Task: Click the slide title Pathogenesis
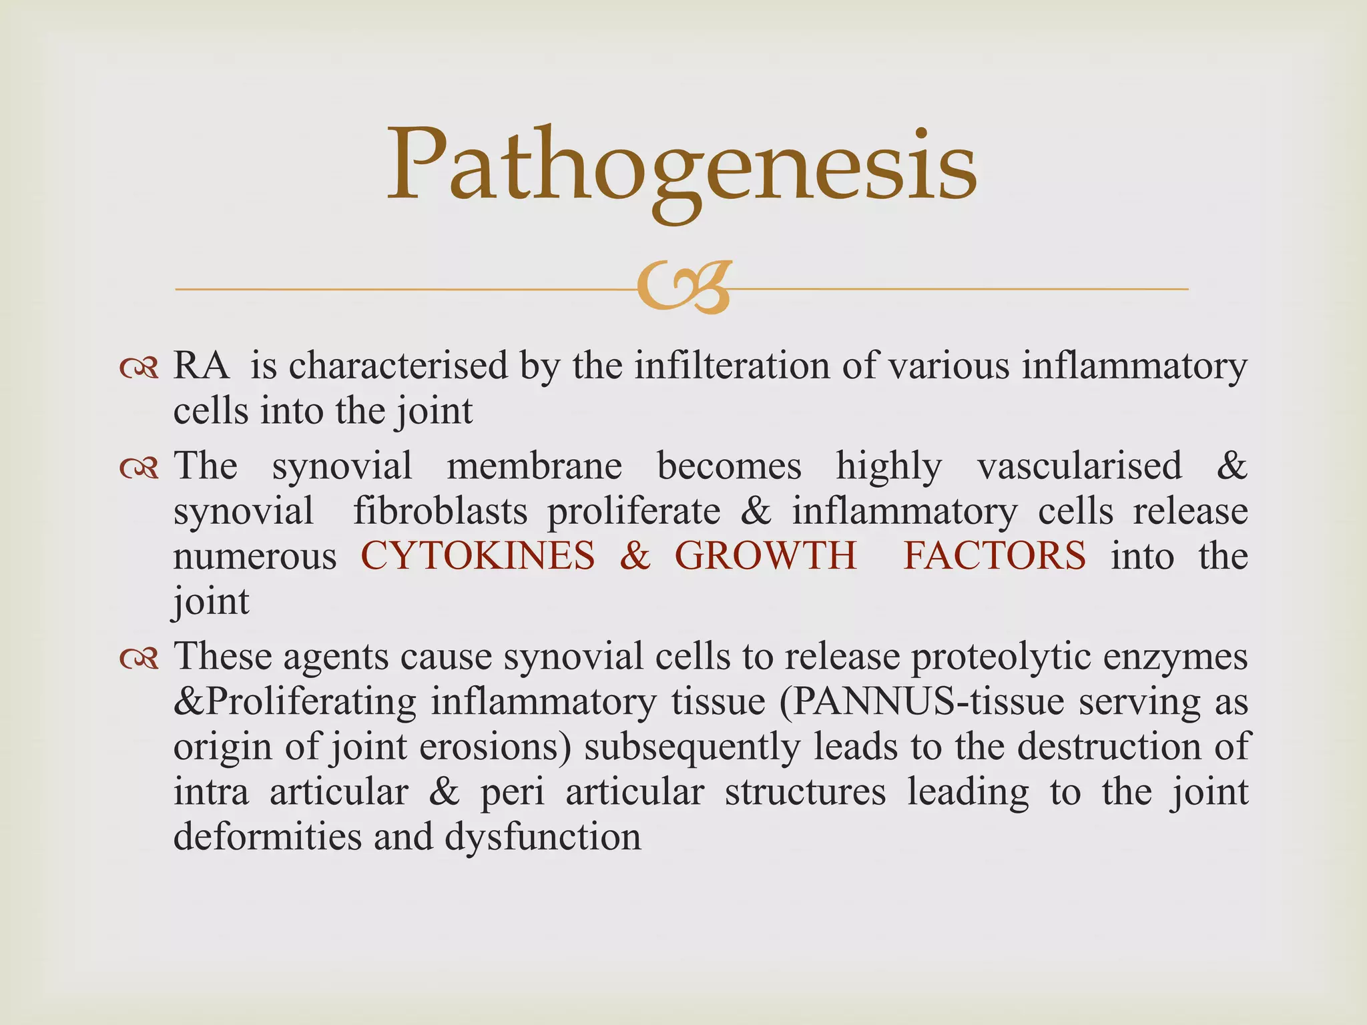(682, 167)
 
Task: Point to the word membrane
(534, 466)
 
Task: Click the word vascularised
(1079, 466)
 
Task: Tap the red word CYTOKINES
(477, 556)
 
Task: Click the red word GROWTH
(765, 556)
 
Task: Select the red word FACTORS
(995, 556)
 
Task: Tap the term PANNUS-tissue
(920, 702)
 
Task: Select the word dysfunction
(543, 837)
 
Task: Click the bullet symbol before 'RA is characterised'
(139, 368)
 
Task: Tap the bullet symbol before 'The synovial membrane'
(139, 468)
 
